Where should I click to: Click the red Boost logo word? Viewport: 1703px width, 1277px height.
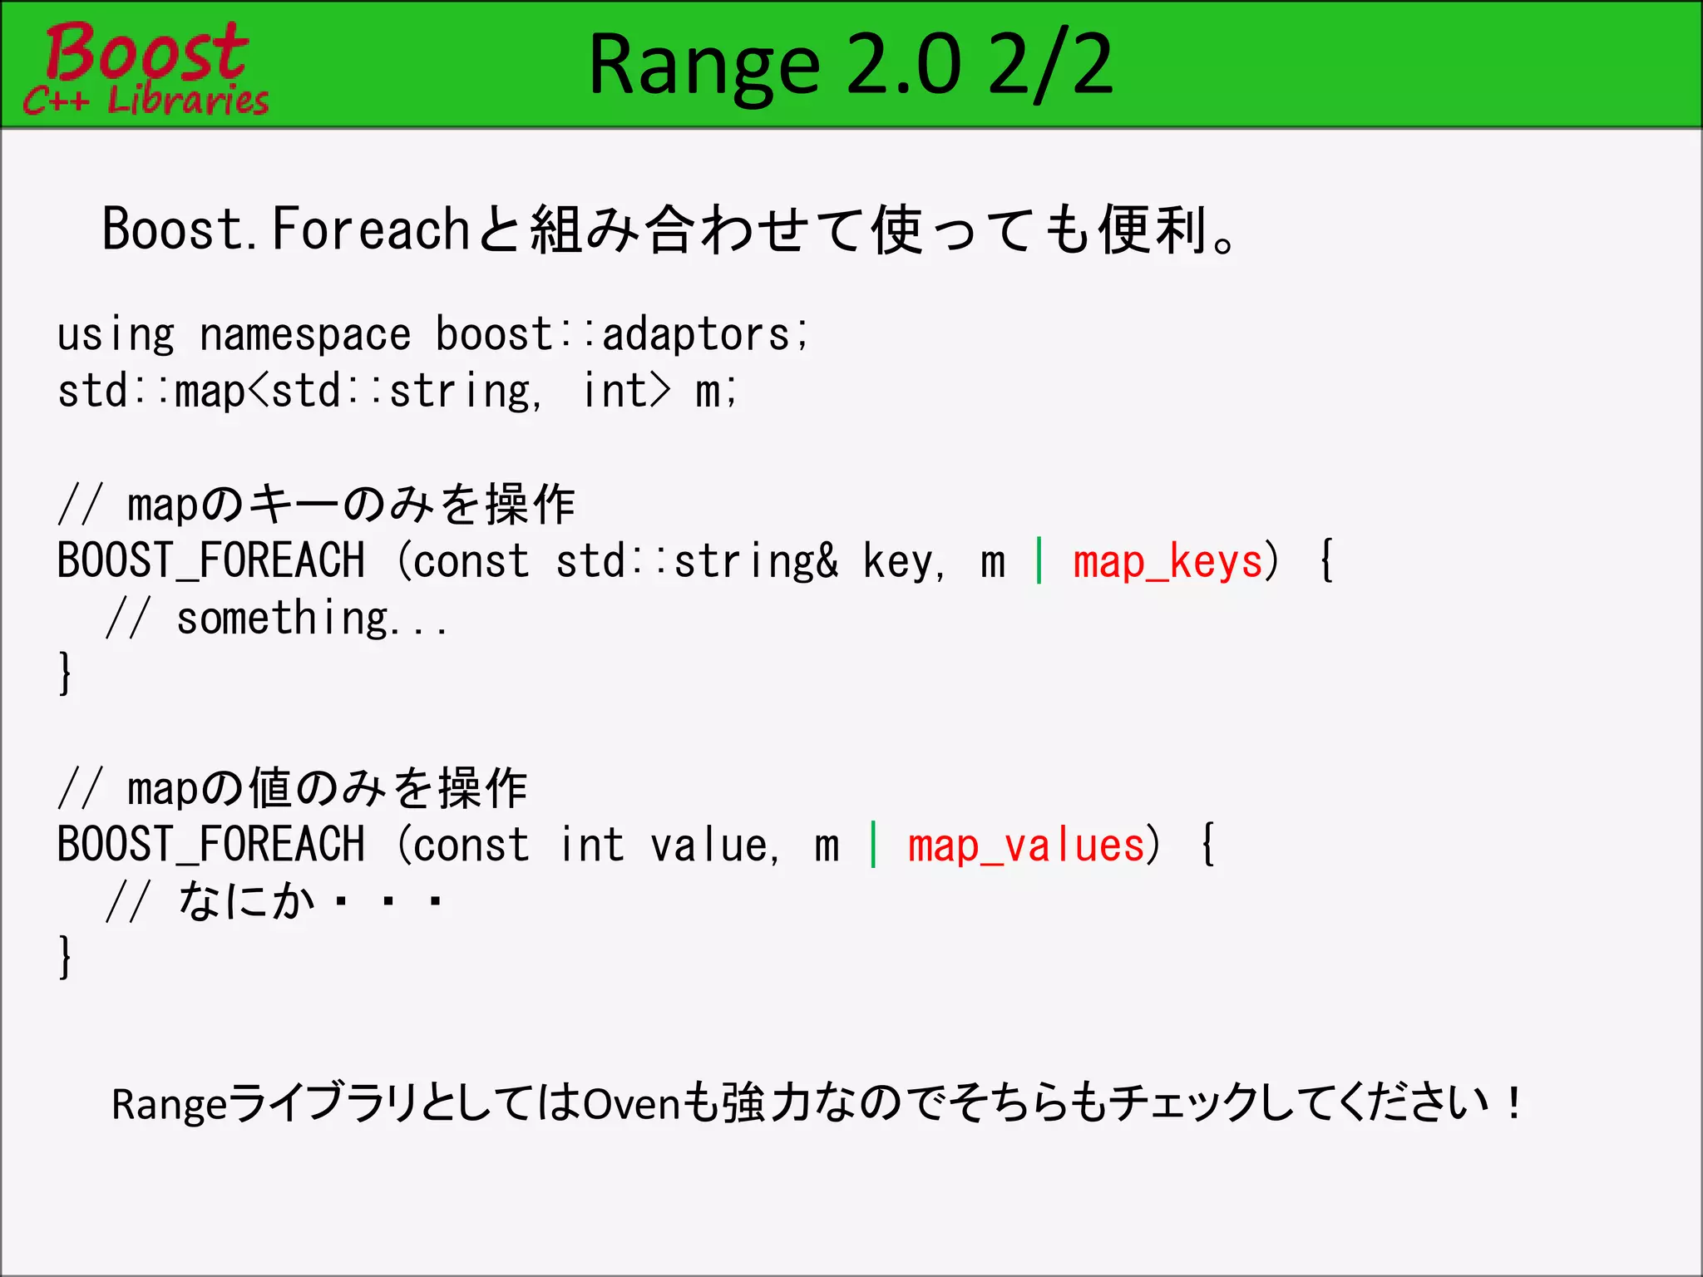click(146, 52)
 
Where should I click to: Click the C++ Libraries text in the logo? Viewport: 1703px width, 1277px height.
click(146, 101)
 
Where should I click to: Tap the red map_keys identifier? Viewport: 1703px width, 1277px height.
click(1167, 562)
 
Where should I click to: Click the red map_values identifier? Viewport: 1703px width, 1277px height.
click(1026, 846)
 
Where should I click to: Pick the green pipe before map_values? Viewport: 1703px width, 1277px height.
click(873, 845)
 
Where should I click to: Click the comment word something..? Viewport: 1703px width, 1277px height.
click(283, 619)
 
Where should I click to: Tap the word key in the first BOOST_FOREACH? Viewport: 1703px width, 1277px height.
click(898, 562)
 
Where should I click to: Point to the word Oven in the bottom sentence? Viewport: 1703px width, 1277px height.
click(632, 1105)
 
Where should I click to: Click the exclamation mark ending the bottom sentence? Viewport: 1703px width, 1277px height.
click(1513, 1103)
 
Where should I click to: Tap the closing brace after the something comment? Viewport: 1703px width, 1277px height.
click(65, 673)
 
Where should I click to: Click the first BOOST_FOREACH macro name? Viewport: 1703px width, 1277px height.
click(210, 561)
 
